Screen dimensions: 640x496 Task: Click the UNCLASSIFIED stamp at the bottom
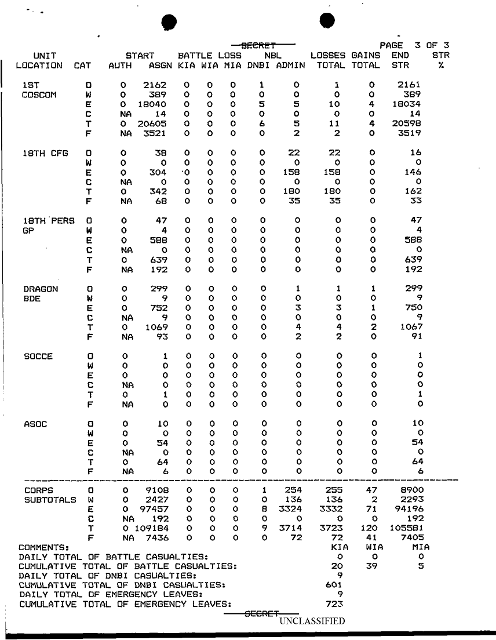pos(312,621)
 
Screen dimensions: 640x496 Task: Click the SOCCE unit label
pos(38,356)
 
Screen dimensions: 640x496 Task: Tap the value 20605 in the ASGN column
pos(152,123)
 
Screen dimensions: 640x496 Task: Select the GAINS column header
pos(366,55)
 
